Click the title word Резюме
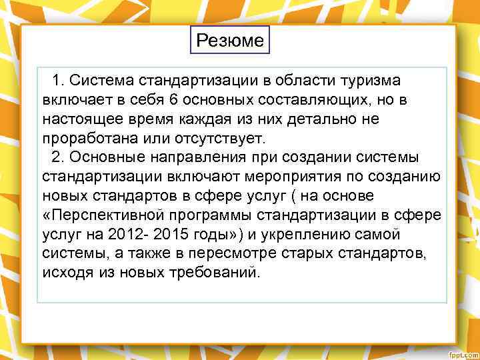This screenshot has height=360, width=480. pos(230,41)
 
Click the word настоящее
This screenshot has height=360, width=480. pos(78,119)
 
